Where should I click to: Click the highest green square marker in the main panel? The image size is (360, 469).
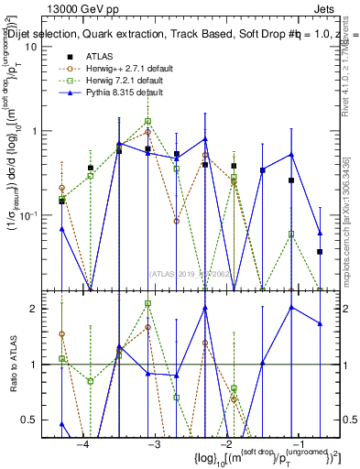(147, 121)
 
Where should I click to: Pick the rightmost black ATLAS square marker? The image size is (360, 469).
(320, 251)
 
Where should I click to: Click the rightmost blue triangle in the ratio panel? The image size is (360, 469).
(320, 323)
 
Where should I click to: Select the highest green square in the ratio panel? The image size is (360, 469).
(147, 303)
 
